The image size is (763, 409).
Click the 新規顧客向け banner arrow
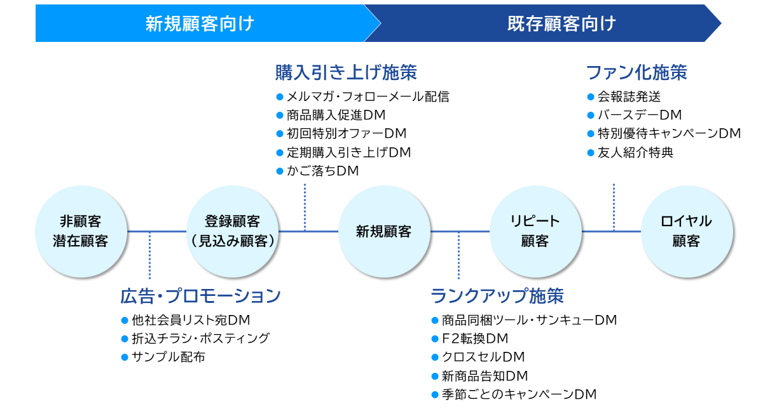coord(200,23)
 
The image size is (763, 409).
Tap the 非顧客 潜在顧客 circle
coord(81,232)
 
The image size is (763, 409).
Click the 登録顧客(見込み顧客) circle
coord(233,232)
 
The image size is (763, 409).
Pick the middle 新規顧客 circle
coord(383,232)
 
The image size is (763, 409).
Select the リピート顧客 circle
coord(535,232)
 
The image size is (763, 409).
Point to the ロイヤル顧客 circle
coord(686,232)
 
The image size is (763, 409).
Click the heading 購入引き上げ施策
coord(346,72)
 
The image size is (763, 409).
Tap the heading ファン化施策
coord(636,72)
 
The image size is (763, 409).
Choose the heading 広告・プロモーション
coord(200,296)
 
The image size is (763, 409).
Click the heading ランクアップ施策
coord(497,296)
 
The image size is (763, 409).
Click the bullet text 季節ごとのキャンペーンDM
coord(519,394)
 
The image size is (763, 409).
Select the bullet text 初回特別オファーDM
coord(347,133)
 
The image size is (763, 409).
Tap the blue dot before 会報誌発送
coord(590,97)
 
